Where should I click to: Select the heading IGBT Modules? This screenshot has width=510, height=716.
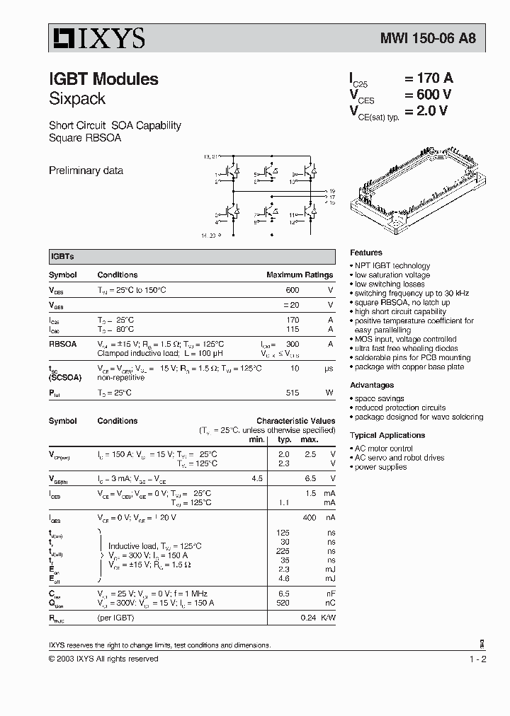(103, 79)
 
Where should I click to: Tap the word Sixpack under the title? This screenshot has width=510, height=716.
(76, 98)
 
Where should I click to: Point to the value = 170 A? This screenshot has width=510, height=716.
(428, 79)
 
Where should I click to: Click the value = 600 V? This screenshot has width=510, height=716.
(428, 95)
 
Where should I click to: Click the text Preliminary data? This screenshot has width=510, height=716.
(86, 171)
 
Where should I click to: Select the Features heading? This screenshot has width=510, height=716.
(366, 253)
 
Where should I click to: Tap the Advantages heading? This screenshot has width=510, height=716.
(372, 386)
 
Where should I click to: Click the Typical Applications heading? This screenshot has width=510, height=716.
(387, 436)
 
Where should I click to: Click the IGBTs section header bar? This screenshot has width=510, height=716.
(192, 257)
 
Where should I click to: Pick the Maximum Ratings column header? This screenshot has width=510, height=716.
(299, 275)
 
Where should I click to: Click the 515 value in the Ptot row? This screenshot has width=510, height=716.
(292, 393)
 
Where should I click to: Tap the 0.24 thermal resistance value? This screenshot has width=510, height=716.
(308, 618)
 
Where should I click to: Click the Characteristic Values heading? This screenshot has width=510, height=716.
(295, 421)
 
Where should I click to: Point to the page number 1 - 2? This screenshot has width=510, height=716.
(478, 659)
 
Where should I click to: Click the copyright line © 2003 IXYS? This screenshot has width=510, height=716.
(103, 659)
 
